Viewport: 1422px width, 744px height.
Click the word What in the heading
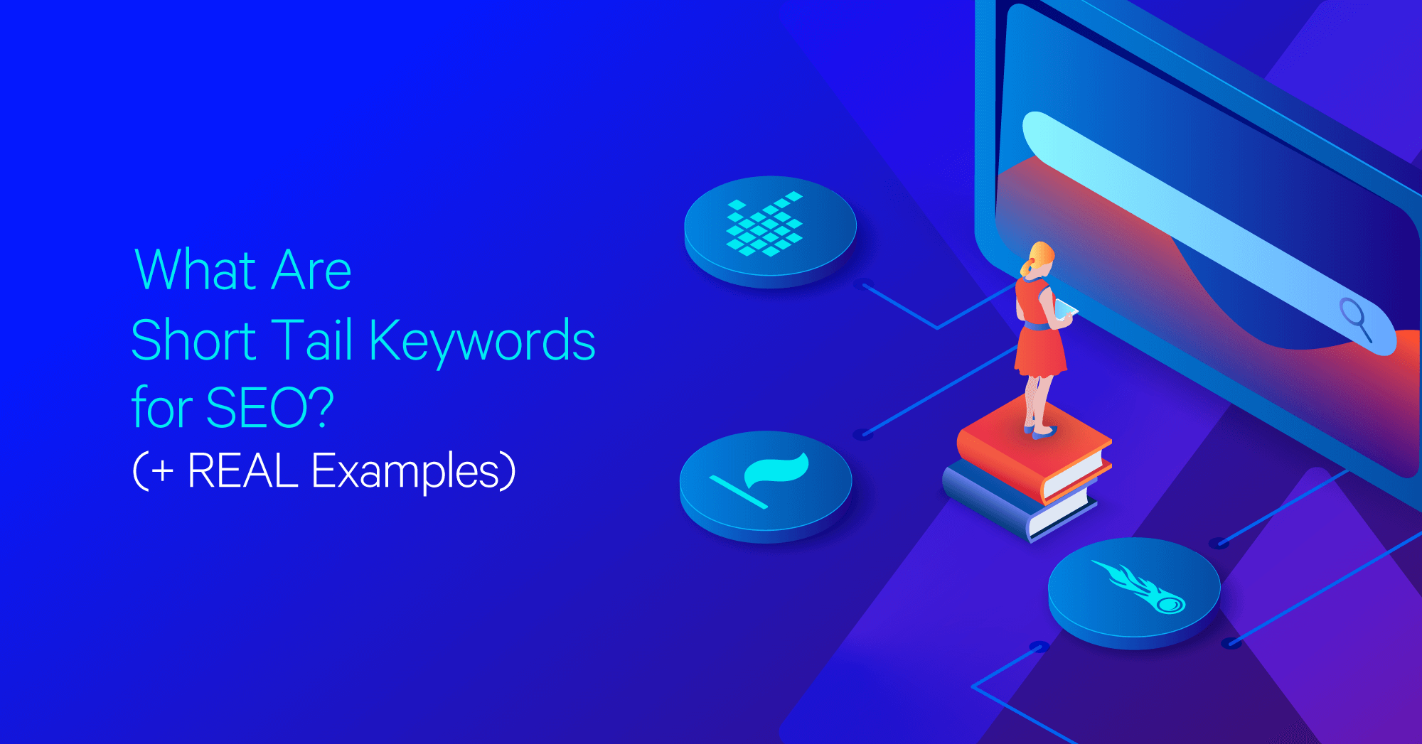pos(195,270)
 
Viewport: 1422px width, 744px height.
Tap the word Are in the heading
pos(311,270)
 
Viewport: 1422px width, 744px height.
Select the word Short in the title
pos(193,340)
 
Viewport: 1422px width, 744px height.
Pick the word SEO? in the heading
pos(269,408)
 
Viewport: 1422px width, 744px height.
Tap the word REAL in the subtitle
pos(242,470)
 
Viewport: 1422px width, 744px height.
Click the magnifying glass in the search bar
pos(1356,320)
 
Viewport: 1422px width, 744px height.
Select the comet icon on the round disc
pos(1139,586)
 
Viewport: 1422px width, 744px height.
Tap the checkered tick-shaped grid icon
pos(764,223)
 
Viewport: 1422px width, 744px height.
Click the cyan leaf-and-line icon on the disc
pos(760,480)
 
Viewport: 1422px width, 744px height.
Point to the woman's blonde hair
pos(1038,257)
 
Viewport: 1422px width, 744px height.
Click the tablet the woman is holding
pos(1066,309)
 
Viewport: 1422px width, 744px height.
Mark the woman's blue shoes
pos(1041,430)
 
